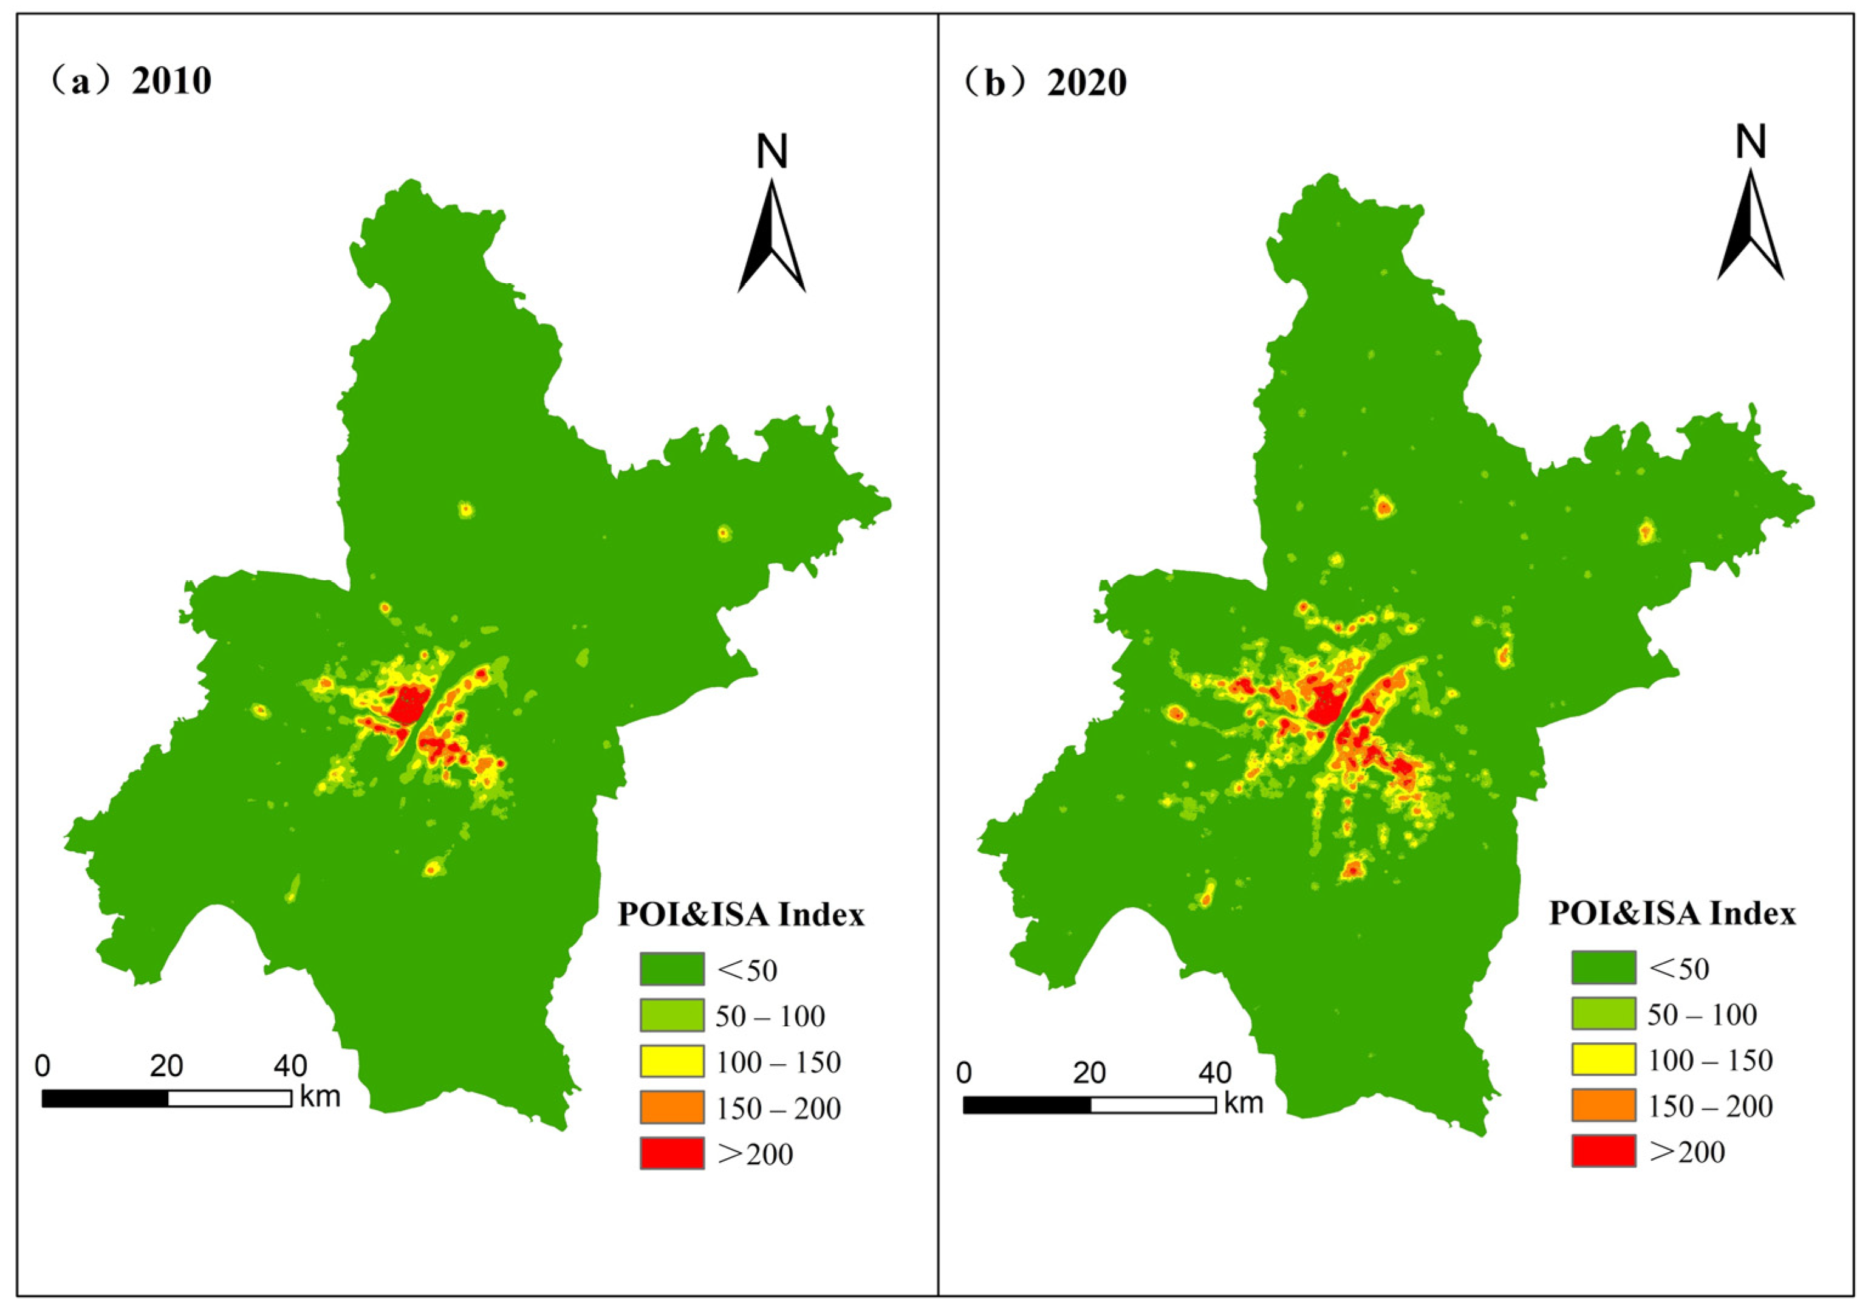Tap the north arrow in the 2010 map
[771, 236]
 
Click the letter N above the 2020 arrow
[1751, 142]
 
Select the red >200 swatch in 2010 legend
[671, 1153]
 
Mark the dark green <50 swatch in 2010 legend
[671, 969]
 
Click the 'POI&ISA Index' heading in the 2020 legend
[1672, 913]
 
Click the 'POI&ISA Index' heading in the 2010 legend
[741, 915]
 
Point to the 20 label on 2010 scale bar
[166, 1065]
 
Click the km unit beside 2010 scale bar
[320, 1097]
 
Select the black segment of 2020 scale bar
[1027, 1104]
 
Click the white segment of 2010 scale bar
[230, 1099]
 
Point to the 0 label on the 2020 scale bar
[964, 1073]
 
